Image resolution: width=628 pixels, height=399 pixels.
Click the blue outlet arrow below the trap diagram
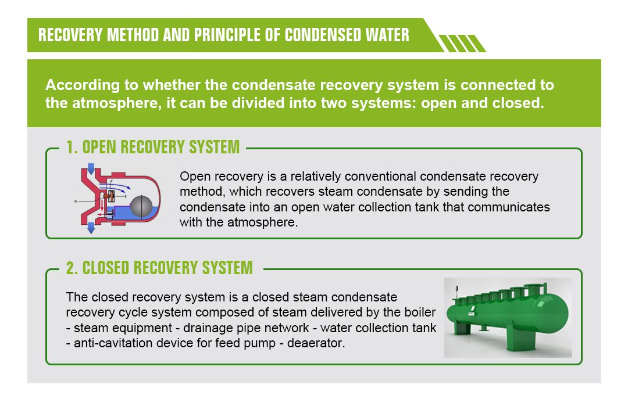pyautogui.click(x=91, y=228)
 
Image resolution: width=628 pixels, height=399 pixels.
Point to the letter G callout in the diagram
pyautogui.click(x=76, y=201)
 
